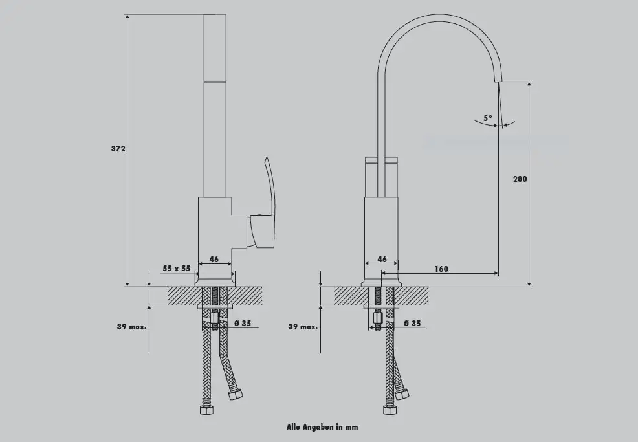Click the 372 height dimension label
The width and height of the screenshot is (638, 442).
(118, 149)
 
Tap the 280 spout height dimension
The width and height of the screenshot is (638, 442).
(520, 179)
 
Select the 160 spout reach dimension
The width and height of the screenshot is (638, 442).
(441, 269)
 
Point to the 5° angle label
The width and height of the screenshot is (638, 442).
(488, 118)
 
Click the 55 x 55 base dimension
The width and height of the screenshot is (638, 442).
(177, 268)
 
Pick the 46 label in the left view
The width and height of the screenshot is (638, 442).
(214, 259)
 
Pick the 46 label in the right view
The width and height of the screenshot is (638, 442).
(382, 259)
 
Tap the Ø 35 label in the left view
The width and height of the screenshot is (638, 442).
(243, 323)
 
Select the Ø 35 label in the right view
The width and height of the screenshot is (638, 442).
(413, 323)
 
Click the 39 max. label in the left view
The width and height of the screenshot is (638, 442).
(131, 326)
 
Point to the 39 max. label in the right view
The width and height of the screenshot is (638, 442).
(303, 326)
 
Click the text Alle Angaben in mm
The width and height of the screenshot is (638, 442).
(322, 427)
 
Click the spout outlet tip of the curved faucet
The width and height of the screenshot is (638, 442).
(498, 81)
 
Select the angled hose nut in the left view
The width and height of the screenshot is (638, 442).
(235, 394)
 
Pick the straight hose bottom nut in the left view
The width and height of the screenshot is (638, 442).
(206, 410)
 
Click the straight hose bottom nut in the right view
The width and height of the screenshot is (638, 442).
(390, 410)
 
